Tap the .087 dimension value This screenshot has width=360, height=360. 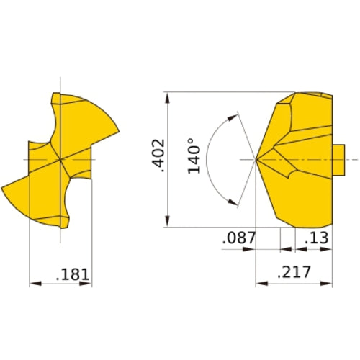coord(240,237)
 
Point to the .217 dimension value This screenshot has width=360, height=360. coord(294,272)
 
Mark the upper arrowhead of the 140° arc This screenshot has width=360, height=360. coord(233,114)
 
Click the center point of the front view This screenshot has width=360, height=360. coord(60,158)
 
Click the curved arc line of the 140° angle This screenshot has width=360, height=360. coord(207,158)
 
